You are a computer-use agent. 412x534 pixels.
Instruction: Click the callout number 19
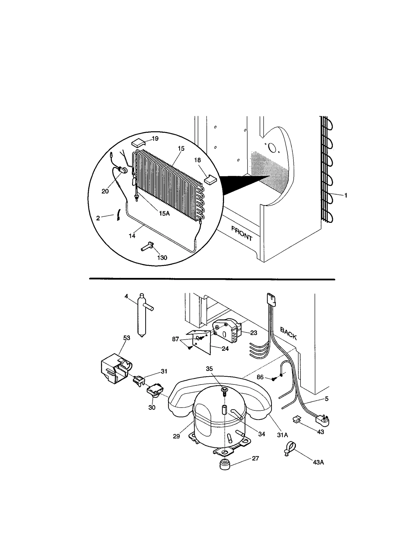(155, 139)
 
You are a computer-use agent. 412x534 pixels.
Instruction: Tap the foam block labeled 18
(211, 179)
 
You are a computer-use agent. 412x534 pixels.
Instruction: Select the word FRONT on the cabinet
(242, 233)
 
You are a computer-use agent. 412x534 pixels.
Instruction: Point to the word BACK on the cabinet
(288, 333)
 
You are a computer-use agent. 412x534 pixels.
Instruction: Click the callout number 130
(162, 258)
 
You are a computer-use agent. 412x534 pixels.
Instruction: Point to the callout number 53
(127, 338)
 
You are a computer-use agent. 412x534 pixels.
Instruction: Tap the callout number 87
(175, 339)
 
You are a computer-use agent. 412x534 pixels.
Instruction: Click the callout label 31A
(282, 435)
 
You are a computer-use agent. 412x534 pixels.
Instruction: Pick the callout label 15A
(164, 213)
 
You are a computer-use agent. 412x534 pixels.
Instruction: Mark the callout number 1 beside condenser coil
(346, 196)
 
